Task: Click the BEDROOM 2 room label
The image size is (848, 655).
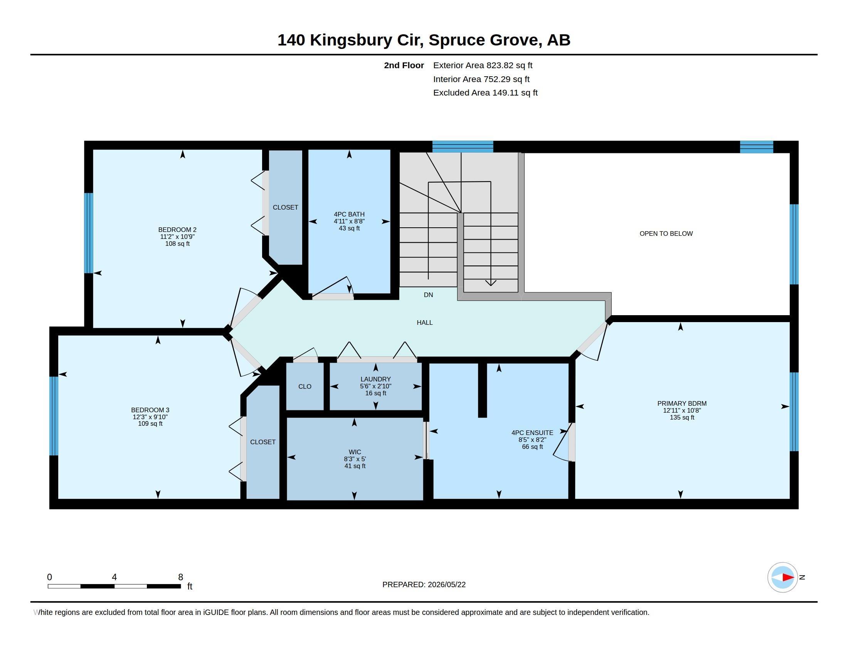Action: tap(177, 230)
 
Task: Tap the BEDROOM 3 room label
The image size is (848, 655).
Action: tap(150, 410)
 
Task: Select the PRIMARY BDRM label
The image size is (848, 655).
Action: tap(682, 403)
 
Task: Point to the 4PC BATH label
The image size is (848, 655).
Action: tap(349, 214)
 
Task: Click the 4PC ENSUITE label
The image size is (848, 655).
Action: tap(532, 433)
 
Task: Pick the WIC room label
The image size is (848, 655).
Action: tap(355, 452)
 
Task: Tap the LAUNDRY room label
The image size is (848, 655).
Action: tap(375, 379)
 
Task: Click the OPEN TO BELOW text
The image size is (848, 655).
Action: tap(666, 233)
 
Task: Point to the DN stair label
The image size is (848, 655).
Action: tap(428, 295)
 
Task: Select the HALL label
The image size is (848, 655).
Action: tap(424, 322)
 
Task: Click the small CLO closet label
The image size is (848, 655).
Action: tap(305, 386)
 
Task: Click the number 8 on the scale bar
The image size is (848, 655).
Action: tap(180, 577)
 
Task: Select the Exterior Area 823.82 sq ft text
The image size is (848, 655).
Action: tap(483, 65)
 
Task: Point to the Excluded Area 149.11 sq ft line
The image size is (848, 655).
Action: tap(485, 93)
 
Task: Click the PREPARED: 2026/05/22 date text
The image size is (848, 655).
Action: tap(424, 584)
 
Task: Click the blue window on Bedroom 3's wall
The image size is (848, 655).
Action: tap(54, 416)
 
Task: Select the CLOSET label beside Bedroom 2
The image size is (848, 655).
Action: tap(285, 208)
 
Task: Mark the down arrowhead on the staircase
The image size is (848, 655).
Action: tap(491, 283)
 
